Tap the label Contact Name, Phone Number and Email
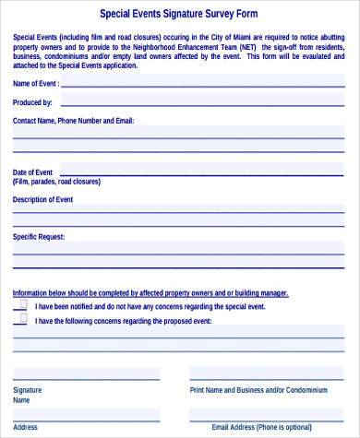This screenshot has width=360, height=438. pyautogui.click(x=73, y=121)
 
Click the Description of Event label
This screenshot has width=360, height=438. pyautogui.click(x=42, y=199)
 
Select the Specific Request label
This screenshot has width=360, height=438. pyautogui.click(x=39, y=237)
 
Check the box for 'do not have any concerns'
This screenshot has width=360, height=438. pyautogui.click(x=20, y=304)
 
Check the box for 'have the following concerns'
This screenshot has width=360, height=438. pyautogui.click(x=20, y=320)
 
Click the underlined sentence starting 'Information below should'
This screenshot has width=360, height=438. pyautogui.click(x=150, y=292)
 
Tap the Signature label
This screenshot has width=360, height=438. pyautogui.click(x=28, y=390)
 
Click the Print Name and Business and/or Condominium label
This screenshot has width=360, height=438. pyautogui.click(x=258, y=390)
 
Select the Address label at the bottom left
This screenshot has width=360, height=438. pyautogui.click(x=26, y=428)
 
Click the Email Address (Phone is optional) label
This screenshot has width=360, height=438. pyautogui.click(x=261, y=428)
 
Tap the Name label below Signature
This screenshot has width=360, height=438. pyautogui.click(x=22, y=400)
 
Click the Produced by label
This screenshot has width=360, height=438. pyautogui.click(x=32, y=102)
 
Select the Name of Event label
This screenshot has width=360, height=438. pyautogui.click(x=36, y=83)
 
